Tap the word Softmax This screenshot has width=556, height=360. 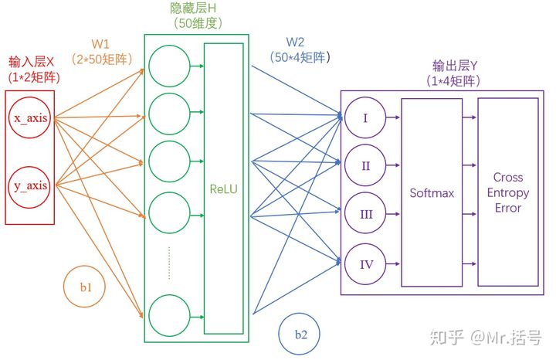coord(432,193)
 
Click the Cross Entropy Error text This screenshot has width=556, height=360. coord(508,192)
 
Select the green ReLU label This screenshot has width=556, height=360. coord(223,189)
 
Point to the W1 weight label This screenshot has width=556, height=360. coord(100,44)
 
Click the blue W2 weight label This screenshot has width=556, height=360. coord(295,42)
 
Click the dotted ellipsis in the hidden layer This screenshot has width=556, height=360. coord(169,263)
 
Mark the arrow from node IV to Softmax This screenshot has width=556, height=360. coord(393,263)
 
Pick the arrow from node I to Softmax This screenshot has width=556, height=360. coord(393,117)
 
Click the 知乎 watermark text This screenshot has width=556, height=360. coord(446,338)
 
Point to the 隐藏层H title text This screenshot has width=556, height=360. coord(193,8)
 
